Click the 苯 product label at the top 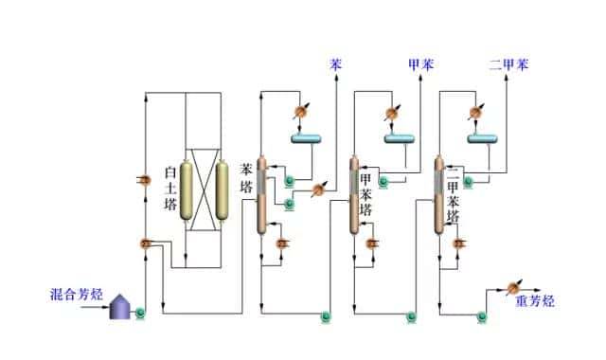click(336, 65)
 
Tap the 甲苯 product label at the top click(419, 65)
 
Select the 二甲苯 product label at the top click(508, 65)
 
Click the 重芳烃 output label click(535, 301)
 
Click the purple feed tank click(120, 305)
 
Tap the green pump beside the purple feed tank click(140, 310)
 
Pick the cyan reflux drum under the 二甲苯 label click(485, 139)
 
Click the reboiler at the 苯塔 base click(280, 243)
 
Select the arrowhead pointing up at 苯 click(336, 81)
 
